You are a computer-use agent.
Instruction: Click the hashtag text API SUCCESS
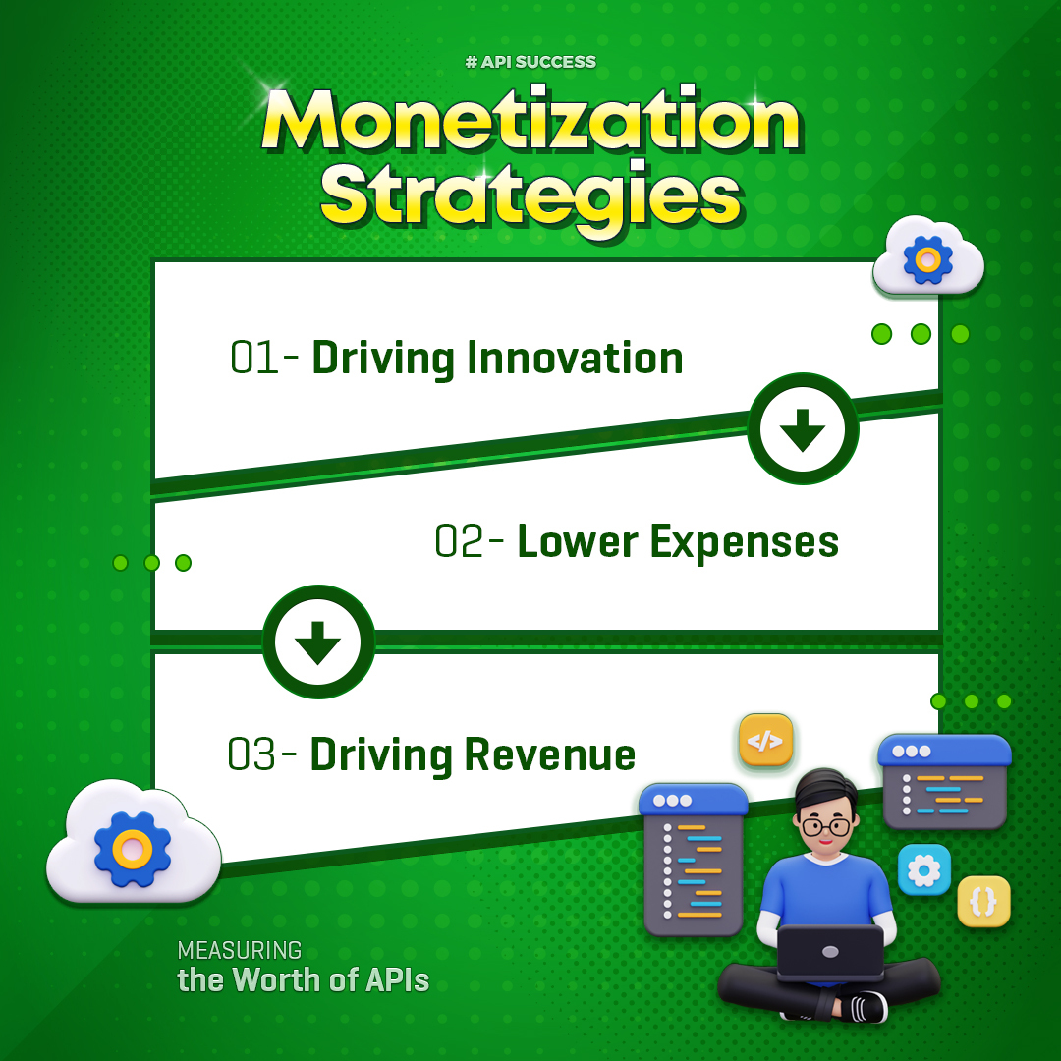coord(530,62)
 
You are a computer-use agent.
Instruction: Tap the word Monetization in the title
coord(531,121)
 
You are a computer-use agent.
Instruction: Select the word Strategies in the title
coord(531,196)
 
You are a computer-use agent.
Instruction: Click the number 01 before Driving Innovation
coord(253,358)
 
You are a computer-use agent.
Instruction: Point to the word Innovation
coord(575,358)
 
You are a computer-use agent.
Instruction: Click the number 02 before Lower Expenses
coord(459,541)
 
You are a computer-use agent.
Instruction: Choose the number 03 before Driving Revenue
coord(251,754)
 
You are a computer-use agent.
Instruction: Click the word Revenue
coord(549,754)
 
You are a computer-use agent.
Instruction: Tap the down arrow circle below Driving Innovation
coord(803,428)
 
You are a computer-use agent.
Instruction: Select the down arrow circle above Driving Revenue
coord(318,642)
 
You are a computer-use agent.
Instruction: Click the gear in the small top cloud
coord(927,259)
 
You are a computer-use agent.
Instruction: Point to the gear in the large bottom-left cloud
coord(133,849)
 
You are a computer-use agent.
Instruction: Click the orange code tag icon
coord(765,741)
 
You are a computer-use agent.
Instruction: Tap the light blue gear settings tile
coord(924,869)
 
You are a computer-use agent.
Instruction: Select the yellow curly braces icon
coord(983,901)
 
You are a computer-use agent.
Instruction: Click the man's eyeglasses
coord(825,826)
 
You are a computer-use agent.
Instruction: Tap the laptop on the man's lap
coord(830,952)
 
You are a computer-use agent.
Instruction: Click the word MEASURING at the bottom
coord(240,950)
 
